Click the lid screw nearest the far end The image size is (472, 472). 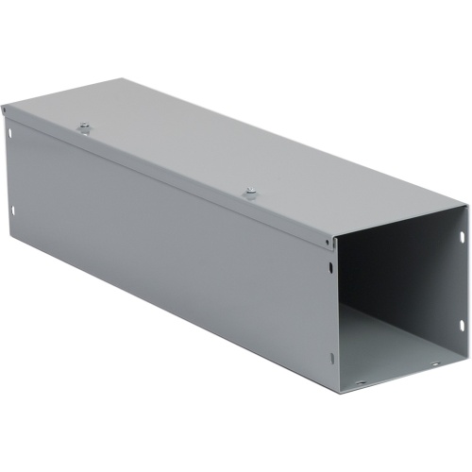pyautogui.click(x=84, y=124)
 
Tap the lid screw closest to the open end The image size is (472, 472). pyautogui.click(x=250, y=193)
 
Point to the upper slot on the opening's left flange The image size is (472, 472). pyautogui.click(x=335, y=267)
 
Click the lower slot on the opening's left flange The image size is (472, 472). pyautogui.click(x=336, y=356)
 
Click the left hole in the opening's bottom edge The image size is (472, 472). pyautogui.click(x=361, y=381)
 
